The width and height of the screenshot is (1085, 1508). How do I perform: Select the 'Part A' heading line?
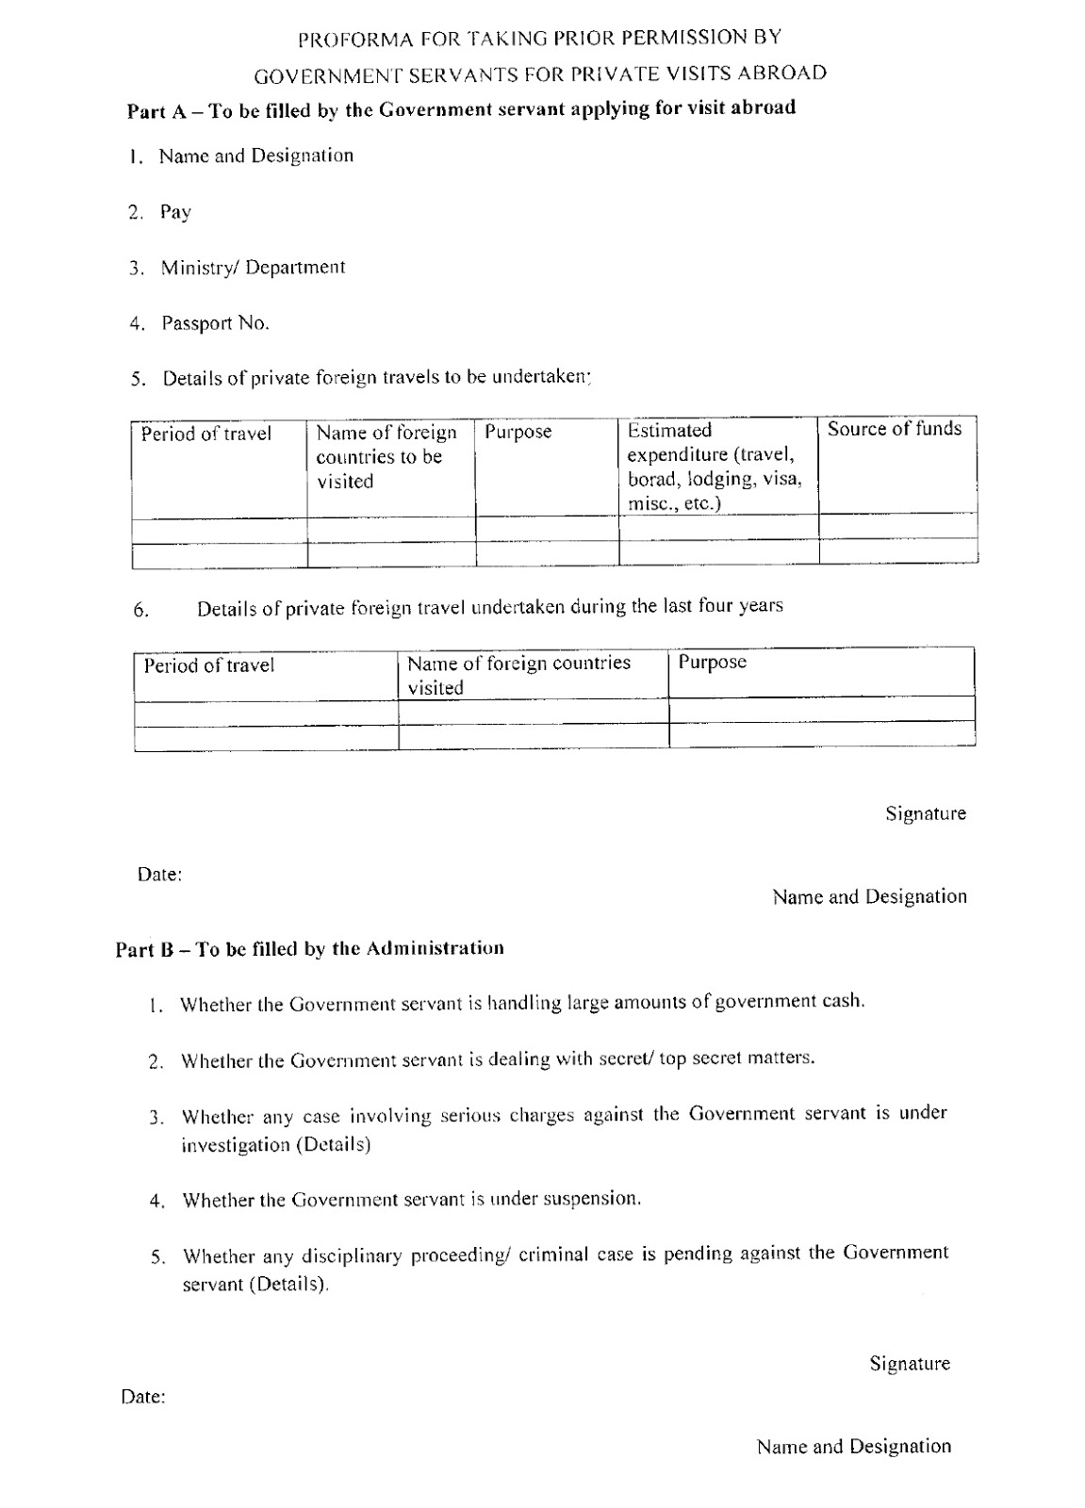point(461,109)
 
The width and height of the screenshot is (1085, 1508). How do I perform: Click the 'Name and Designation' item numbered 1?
point(255,156)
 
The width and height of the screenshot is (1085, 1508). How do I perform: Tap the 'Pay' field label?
point(175,212)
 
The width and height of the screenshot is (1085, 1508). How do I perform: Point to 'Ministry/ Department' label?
point(253,268)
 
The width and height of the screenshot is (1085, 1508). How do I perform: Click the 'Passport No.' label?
point(215,323)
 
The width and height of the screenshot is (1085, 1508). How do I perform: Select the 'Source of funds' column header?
point(894,430)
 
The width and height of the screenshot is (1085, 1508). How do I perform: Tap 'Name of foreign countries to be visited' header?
point(386,457)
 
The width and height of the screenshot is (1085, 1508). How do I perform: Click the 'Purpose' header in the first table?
point(518,433)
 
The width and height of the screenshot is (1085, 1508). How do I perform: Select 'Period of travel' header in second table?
point(208,665)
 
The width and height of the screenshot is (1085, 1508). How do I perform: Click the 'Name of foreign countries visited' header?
point(518,674)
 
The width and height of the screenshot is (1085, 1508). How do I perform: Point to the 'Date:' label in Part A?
point(159,875)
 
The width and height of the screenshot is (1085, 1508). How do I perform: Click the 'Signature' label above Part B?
point(925,813)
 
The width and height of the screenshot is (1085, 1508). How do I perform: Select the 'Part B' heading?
point(309,949)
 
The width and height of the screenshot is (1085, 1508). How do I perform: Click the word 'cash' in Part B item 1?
point(842,1001)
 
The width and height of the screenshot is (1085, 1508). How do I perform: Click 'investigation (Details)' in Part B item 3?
point(275,1145)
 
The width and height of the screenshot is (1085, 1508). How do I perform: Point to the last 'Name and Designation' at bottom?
point(853,1447)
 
